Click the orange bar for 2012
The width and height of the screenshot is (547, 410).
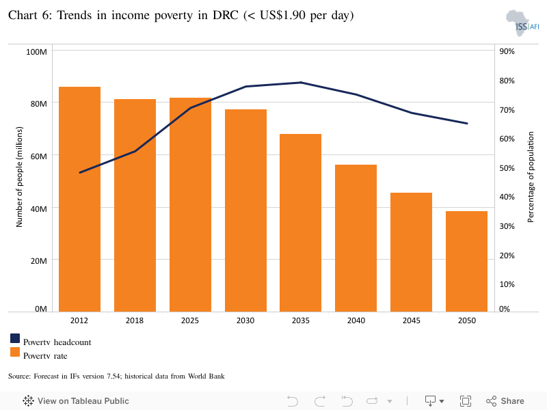tap(80, 199)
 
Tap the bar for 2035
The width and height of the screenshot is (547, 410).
tap(301, 223)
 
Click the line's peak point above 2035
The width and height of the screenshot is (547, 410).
tap(301, 83)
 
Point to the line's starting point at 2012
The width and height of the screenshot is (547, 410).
tap(80, 172)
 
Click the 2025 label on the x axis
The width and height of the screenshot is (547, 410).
tap(190, 320)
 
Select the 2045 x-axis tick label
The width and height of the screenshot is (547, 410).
tap(412, 320)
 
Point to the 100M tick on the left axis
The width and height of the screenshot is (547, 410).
tap(36, 52)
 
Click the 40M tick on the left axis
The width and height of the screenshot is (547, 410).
tap(37, 208)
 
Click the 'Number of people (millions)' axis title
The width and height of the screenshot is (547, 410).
tap(20, 176)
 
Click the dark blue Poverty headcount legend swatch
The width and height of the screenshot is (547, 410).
tap(15, 339)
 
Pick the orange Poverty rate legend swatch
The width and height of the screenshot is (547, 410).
tap(15, 353)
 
